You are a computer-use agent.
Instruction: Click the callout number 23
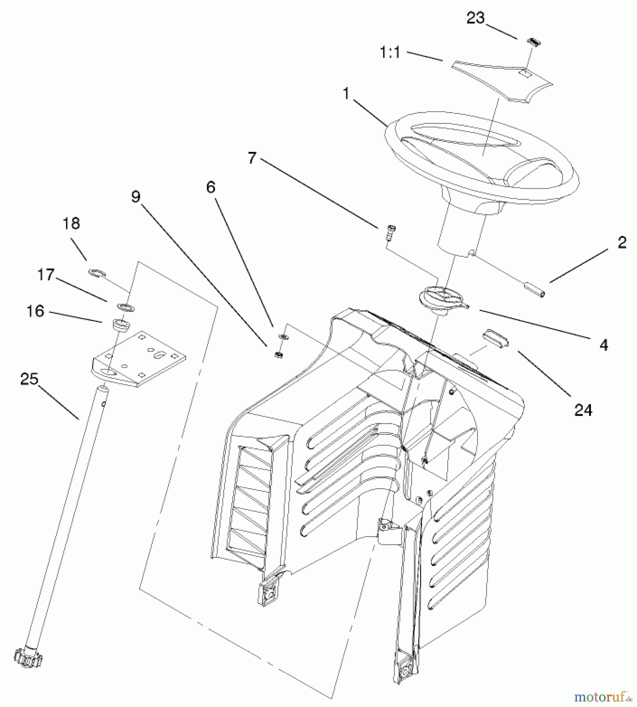(475, 18)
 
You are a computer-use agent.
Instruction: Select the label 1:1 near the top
(390, 53)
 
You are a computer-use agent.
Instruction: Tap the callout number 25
(29, 379)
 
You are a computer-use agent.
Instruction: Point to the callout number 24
(583, 410)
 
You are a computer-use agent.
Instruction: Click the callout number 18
(71, 223)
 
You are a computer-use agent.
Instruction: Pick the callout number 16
(35, 311)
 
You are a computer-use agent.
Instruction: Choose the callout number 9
(136, 196)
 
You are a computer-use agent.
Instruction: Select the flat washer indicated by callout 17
(125, 307)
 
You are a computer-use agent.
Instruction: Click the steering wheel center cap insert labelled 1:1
(503, 81)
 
